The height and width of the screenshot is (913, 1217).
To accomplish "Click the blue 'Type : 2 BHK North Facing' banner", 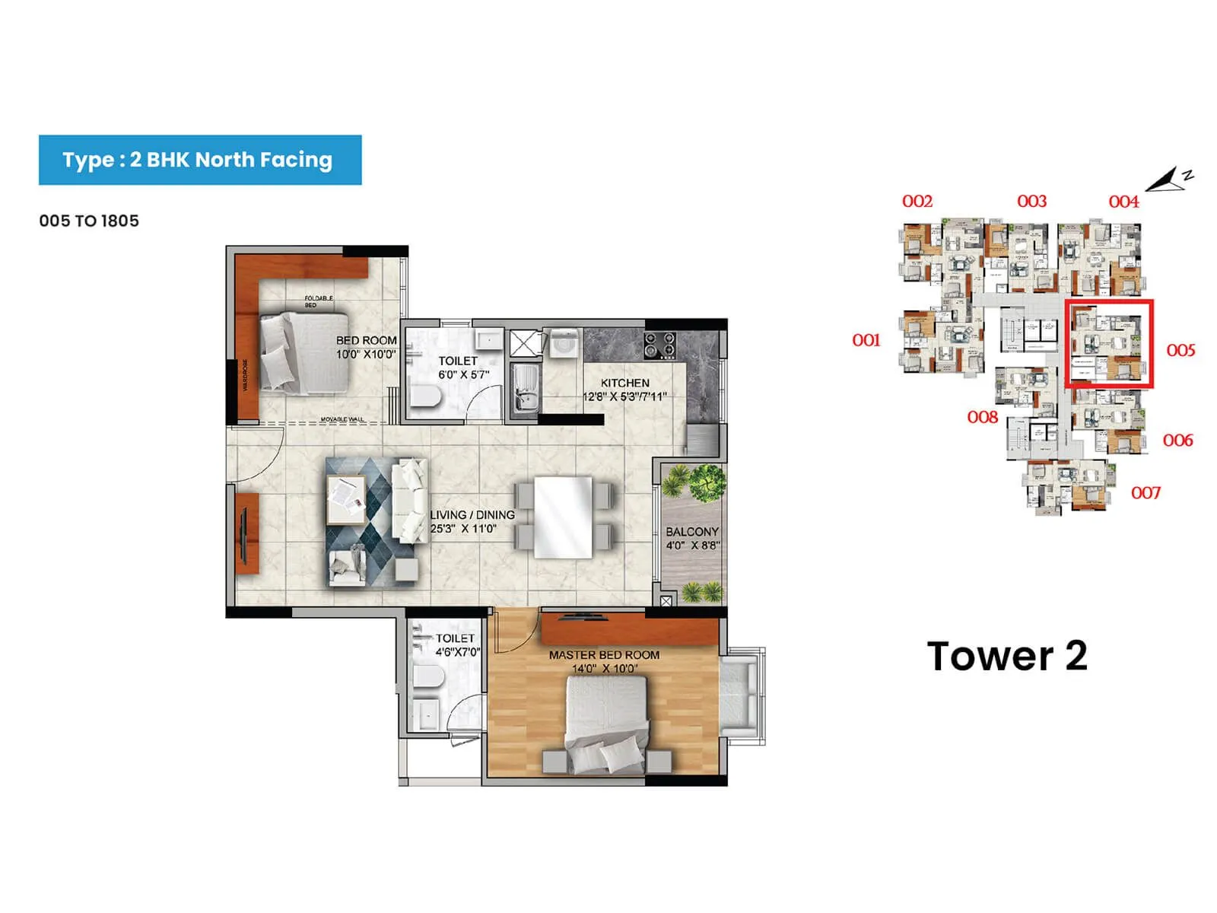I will tap(199, 160).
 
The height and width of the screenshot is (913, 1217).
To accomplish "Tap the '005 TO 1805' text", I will tap(89, 221).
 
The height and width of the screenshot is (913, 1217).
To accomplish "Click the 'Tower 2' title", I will tap(1006, 656).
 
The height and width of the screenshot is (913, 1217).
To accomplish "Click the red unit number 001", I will tap(866, 340).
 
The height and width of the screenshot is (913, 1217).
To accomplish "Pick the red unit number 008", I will tap(982, 417).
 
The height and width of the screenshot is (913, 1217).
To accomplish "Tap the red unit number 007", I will tap(1146, 493).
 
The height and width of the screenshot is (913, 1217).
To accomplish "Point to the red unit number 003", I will tap(1031, 202).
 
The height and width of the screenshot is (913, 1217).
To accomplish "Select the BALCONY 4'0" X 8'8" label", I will tap(692, 538).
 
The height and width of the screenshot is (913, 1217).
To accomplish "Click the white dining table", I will tap(563, 517).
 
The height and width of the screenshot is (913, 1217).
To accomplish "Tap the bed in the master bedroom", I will tap(606, 723).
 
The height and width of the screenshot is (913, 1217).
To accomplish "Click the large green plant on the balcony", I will tap(704, 484).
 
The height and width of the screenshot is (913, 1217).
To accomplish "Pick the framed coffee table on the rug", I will tap(346, 499).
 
